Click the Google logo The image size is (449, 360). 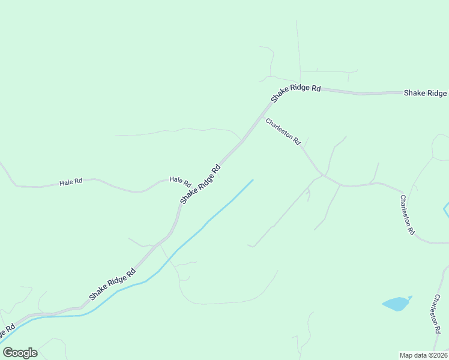(x=20, y=353)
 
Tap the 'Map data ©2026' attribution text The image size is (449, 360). (x=423, y=355)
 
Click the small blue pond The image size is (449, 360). (x=396, y=304)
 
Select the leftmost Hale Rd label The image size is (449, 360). (x=71, y=181)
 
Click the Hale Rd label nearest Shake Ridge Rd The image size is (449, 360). (x=179, y=180)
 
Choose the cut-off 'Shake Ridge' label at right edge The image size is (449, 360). (x=425, y=93)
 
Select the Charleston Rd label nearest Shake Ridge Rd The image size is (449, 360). (x=283, y=131)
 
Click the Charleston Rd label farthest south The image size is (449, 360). (x=435, y=313)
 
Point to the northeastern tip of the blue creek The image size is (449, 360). (x=253, y=179)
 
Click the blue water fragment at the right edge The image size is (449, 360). (x=446, y=210)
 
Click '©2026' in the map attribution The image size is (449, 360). (x=438, y=355)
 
